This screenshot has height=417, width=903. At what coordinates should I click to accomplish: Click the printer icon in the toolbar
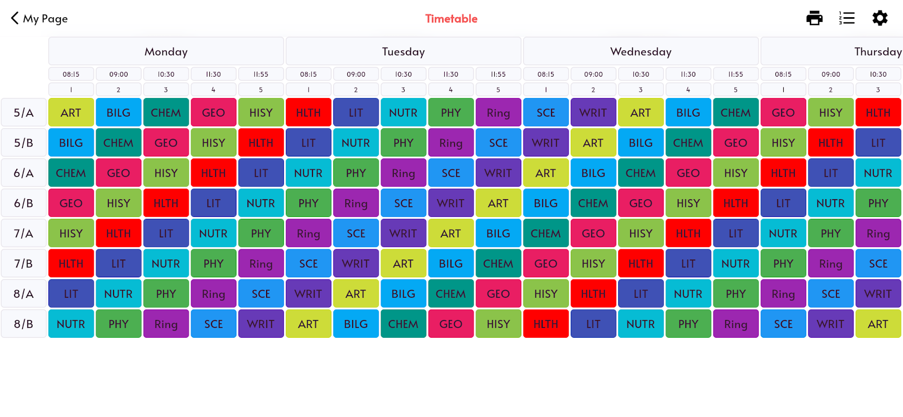(814, 18)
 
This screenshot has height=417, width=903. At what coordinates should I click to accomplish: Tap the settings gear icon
(880, 18)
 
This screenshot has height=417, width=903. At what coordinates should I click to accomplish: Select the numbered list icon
(847, 18)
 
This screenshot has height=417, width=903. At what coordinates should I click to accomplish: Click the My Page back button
(39, 19)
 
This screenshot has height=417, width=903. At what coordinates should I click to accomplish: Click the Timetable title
(451, 19)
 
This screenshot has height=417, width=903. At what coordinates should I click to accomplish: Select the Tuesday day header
(403, 52)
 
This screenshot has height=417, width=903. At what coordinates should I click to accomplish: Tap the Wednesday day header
(641, 52)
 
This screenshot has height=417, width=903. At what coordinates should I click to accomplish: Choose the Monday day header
(166, 52)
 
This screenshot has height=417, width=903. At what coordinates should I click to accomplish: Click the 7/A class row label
(23, 234)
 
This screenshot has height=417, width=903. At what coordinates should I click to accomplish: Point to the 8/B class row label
(23, 324)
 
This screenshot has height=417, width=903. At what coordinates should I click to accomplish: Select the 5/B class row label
(23, 143)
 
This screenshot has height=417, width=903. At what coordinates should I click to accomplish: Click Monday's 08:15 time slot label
(71, 75)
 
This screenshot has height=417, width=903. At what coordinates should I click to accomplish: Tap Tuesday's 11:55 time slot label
(498, 75)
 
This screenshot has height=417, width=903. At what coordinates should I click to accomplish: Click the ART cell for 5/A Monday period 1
(71, 113)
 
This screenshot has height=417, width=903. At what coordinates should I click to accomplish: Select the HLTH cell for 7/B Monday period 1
(71, 264)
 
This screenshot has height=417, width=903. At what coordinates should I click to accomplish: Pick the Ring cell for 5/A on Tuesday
(498, 113)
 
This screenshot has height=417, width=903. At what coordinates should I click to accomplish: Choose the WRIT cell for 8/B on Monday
(260, 324)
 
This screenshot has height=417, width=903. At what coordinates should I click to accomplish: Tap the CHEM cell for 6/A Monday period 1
(71, 173)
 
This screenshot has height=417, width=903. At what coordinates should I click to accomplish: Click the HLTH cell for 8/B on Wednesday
(546, 324)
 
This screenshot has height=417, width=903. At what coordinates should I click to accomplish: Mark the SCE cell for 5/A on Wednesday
(546, 113)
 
